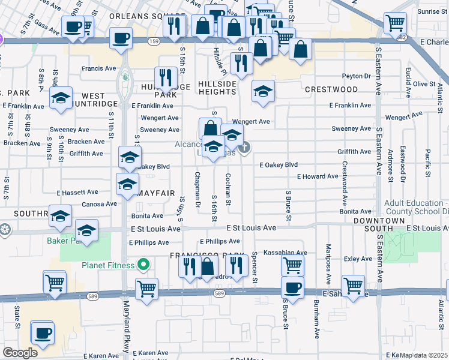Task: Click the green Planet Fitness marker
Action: [x=143, y=264]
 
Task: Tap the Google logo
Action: [x=20, y=353]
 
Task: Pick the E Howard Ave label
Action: [x=318, y=176]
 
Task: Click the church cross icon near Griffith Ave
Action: [x=244, y=147]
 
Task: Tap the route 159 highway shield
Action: [x=153, y=41]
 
